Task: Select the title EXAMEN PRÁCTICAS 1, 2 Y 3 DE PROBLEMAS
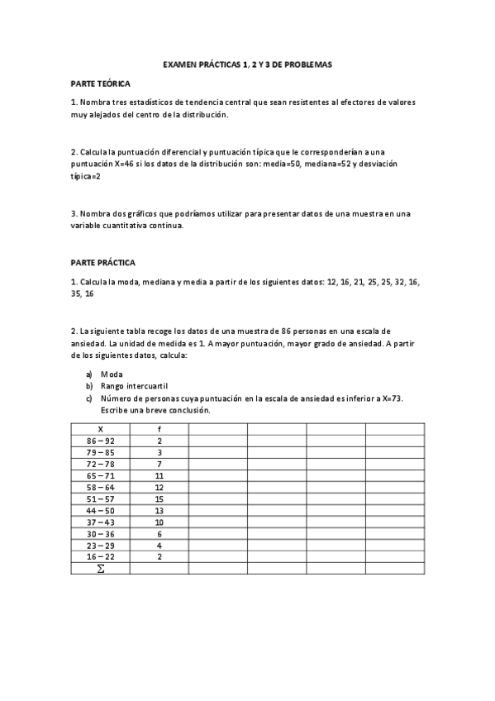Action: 247,64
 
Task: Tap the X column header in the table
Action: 100,429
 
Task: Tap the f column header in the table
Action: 159,429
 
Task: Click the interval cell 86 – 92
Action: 100,441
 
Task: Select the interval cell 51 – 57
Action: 100,498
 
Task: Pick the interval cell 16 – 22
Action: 100,556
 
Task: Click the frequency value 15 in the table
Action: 159,498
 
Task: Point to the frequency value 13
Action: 159,510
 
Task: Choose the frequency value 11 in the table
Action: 159,475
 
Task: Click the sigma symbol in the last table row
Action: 100,569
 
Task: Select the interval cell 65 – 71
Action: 100,475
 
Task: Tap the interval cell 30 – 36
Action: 100,533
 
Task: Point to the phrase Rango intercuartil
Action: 133,385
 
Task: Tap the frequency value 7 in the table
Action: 159,464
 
